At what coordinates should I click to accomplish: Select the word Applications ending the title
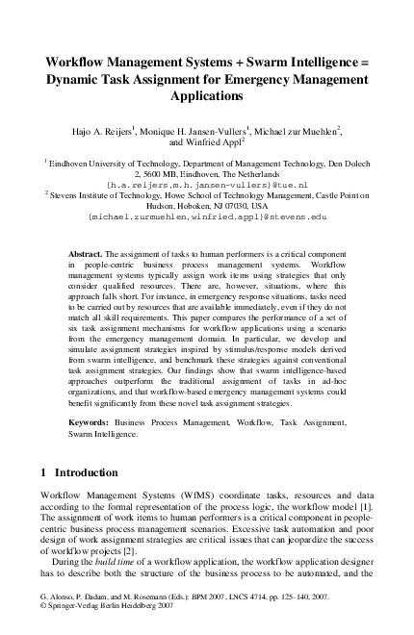click(207, 97)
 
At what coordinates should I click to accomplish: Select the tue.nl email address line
click(207, 181)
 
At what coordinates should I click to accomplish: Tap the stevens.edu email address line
click(207, 217)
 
